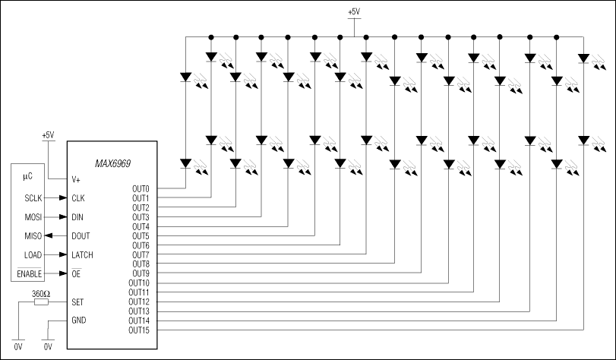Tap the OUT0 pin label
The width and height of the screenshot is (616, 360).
coord(141,188)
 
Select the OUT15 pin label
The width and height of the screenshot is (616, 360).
coord(139,330)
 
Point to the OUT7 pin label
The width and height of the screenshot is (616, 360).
coord(141,254)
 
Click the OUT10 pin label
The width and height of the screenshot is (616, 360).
coord(139,283)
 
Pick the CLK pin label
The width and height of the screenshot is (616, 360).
coord(77,198)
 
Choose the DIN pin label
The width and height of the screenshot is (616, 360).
coord(77,217)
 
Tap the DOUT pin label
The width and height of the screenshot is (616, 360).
coord(80,236)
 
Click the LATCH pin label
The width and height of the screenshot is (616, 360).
coord(81,255)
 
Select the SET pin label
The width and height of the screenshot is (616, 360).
coord(77,302)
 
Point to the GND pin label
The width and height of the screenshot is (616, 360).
coord(78,320)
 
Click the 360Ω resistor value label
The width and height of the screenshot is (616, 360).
coord(41,293)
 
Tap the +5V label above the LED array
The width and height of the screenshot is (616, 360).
coord(354,12)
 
